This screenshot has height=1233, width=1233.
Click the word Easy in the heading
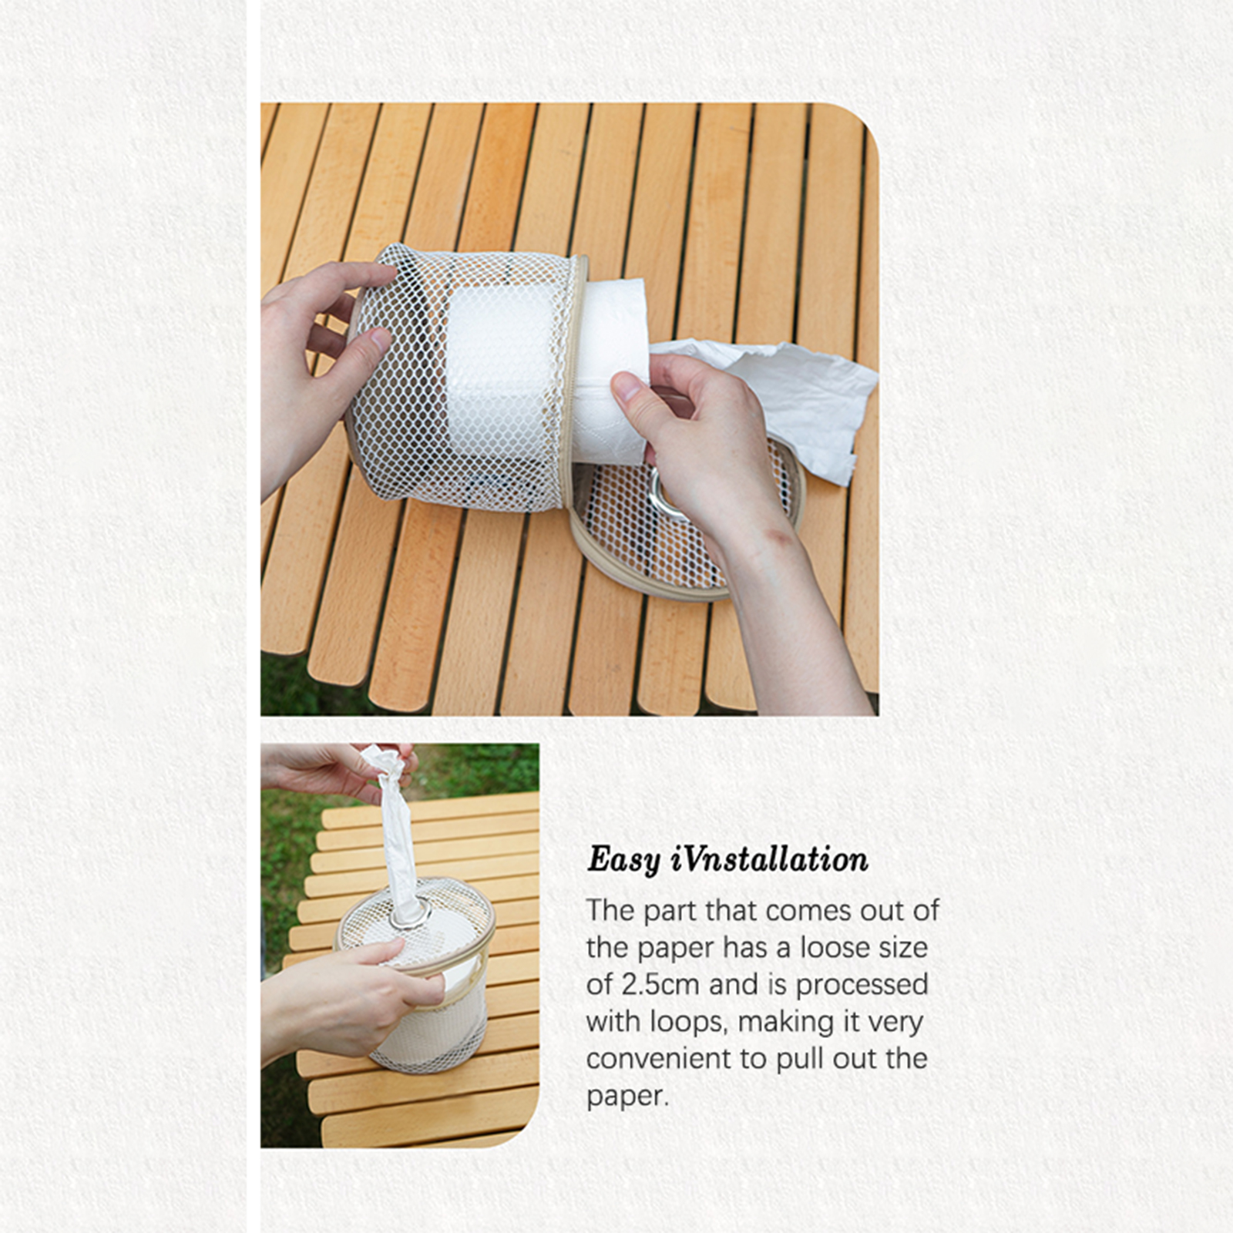(623, 860)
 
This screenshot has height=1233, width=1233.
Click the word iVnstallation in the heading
(769, 858)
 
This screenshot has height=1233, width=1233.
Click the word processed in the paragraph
(862, 986)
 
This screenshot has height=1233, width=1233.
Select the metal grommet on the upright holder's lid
(409, 914)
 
